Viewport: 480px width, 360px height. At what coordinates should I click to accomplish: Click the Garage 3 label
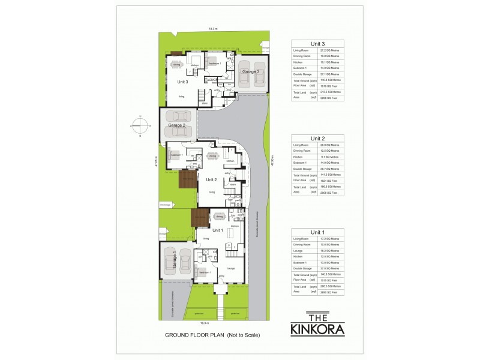point(250,71)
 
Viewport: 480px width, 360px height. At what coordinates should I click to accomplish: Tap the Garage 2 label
point(177,125)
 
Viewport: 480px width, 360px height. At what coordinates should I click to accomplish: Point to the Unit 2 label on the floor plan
point(211,179)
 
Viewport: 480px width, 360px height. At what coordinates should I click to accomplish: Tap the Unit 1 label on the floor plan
point(217,230)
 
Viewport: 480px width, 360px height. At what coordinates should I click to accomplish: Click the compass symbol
point(139,127)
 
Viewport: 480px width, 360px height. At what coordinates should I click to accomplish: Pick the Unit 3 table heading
point(317,44)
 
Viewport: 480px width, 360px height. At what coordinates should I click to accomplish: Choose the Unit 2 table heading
point(317,138)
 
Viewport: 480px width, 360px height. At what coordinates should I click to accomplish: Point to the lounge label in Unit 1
point(231,268)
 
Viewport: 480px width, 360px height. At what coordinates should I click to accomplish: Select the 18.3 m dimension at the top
point(212,28)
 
